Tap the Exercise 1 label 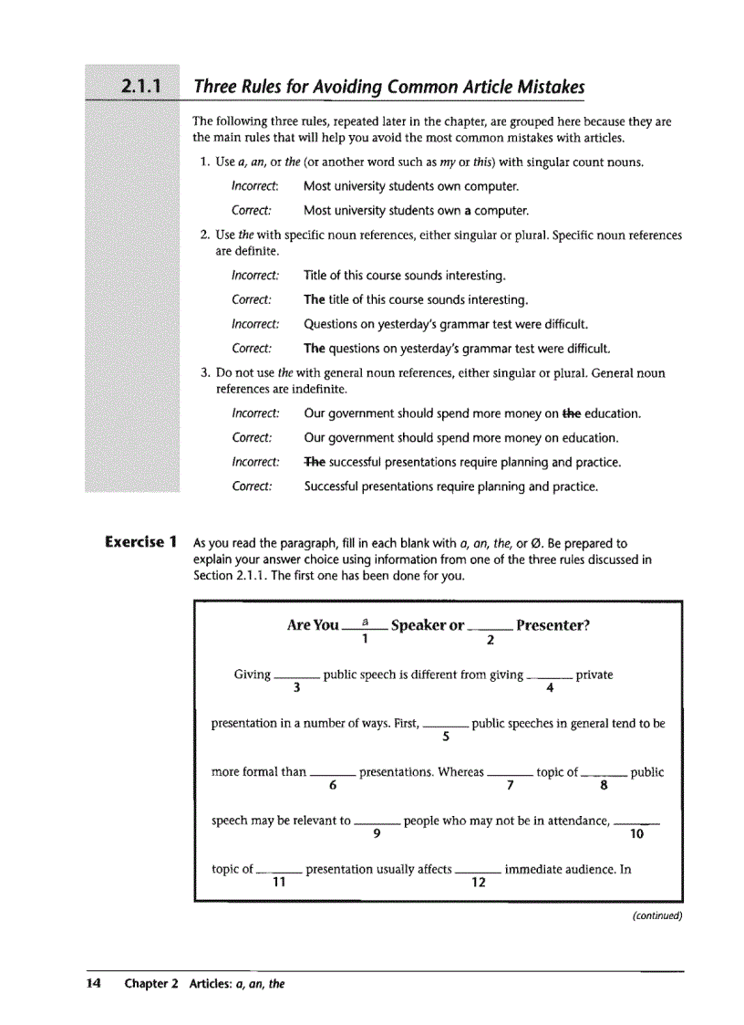click(x=140, y=542)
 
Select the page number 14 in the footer click(x=93, y=984)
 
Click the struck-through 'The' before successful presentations click(x=315, y=462)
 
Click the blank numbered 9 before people click(x=377, y=822)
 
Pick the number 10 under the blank click(x=636, y=834)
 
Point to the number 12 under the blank click(x=477, y=883)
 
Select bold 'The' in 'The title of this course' click(x=315, y=299)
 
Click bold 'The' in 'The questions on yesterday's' click(x=315, y=349)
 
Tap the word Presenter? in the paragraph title click(x=552, y=625)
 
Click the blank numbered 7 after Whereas click(x=510, y=774)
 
